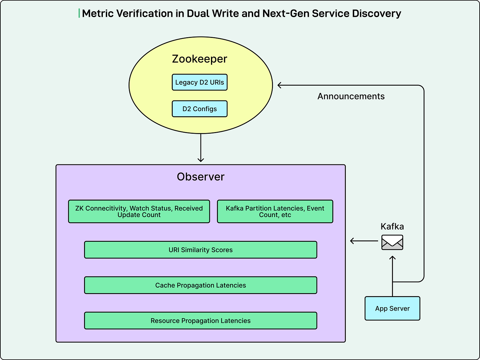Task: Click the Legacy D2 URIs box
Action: coord(199,82)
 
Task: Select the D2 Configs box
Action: coord(199,109)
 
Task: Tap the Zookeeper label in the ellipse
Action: coord(199,59)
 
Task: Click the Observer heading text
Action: coord(200,177)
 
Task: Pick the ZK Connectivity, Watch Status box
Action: coord(139,211)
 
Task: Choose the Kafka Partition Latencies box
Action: coord(275,211)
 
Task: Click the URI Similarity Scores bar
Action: coord(200,250)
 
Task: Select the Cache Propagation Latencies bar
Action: coord(200,285)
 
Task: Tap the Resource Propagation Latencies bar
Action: coord(200,321)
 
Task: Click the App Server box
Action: coord(392,309)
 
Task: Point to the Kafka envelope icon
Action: coord(392,242)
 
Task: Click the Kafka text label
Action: coord(392,227)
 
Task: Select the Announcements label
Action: coord(351,96)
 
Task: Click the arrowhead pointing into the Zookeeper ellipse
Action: coord(280,85)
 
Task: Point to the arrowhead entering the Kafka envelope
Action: coord(392,258)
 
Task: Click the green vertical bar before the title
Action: coord(79,14)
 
